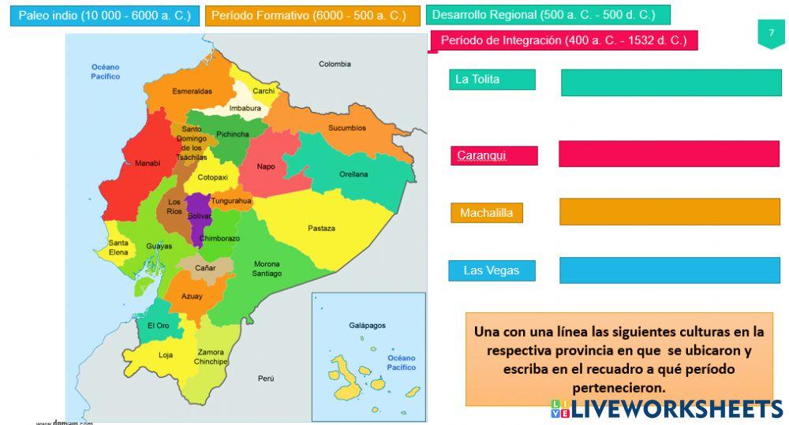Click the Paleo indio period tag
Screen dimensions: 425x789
(x=104, y=16)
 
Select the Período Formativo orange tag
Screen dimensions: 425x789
(x=312, y=16)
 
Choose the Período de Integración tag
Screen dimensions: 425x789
(x=563, y=40)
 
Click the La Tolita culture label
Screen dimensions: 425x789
(x=492, y=80)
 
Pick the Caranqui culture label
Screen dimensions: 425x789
(x=494, y=156)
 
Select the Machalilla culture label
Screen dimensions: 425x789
(x=487, y=213)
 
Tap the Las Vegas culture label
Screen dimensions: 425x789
(x=492, y=270)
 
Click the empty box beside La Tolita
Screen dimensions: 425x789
(x=671, y=83)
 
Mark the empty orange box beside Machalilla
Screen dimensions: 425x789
(x=669, y=211)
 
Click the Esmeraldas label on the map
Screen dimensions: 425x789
(x=192, y=91)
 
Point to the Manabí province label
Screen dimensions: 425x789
(x=148, y=163)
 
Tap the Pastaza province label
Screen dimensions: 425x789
(x=321, y=229)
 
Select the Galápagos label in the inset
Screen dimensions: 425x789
(x=367, y=325)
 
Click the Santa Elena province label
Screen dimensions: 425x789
(x=118, y=248)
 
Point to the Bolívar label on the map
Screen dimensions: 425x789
(x=200, y=215)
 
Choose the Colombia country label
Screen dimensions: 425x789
(x=335, y=64)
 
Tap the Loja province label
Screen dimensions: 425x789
(x=166, y=355)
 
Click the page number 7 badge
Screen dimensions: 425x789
(x=771, y=33)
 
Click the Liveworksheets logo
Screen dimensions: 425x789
(x=667, y=408)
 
